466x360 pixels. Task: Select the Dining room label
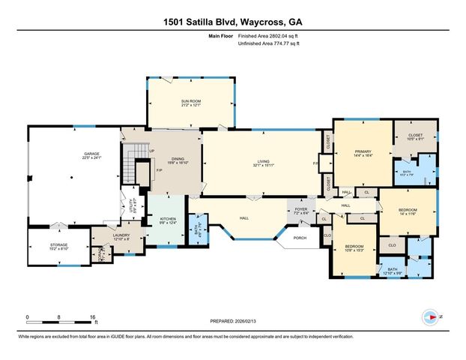click(178, 158)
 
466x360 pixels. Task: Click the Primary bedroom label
click(362, 151)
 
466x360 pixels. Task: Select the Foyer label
click(300, 210)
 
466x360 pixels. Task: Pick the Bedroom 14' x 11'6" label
click(407, 210)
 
